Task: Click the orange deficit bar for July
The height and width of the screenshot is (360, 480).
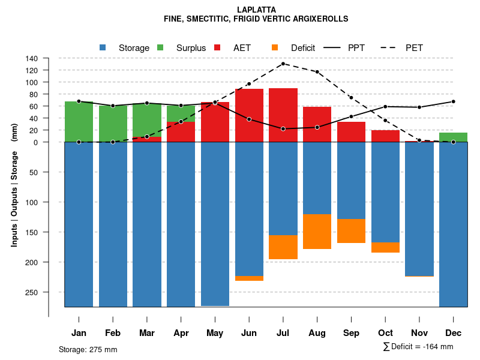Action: coord(283,247)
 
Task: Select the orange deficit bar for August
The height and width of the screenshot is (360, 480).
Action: coord(317,232)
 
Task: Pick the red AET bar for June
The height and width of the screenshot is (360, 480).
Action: coord(249,115)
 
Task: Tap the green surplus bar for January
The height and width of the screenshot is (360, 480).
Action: coord(79,122)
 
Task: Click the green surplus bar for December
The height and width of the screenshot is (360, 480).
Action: coord(453,137)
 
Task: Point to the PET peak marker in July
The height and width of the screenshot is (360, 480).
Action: coord(283,64)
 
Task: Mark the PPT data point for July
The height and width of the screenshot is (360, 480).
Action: coord(283,129)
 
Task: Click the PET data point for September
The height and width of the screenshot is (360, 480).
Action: coord(351,97)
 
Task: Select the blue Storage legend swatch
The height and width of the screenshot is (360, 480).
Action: coord(103,47)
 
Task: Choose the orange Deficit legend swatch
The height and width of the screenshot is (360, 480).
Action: coord(275,47)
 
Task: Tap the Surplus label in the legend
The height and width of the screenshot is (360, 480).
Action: coord(191,48)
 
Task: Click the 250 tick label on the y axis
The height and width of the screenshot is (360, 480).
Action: coord(32,292)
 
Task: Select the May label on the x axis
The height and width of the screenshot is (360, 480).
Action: coord(215,333)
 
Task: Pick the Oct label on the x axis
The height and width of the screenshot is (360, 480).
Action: coord(385,333)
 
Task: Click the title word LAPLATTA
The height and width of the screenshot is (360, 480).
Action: coord(256,10)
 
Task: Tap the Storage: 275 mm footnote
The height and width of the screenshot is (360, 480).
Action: coord(88,349)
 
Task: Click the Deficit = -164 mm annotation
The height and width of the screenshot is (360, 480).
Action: coord(418,347)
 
